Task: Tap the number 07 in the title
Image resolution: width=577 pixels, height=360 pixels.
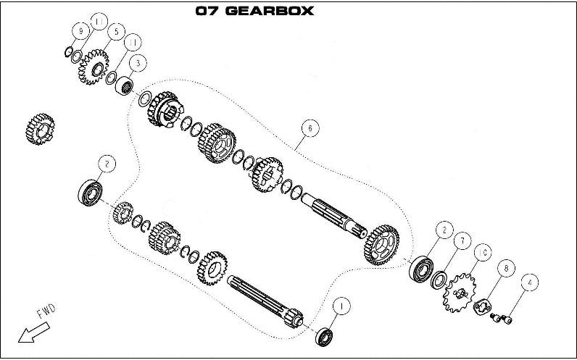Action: click(207, 12)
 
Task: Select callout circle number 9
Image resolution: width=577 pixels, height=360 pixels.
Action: click(80, 30)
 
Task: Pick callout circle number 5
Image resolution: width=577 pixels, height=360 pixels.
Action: click(115, 33)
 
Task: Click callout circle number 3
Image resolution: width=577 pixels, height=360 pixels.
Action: click(139, 64)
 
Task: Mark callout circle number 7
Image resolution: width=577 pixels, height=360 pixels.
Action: click(459, 240)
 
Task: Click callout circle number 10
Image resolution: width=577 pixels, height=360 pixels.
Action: click(483, 252)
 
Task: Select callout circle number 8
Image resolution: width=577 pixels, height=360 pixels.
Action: click(505, 268)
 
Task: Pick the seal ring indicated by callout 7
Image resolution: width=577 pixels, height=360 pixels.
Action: click(439, 279)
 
